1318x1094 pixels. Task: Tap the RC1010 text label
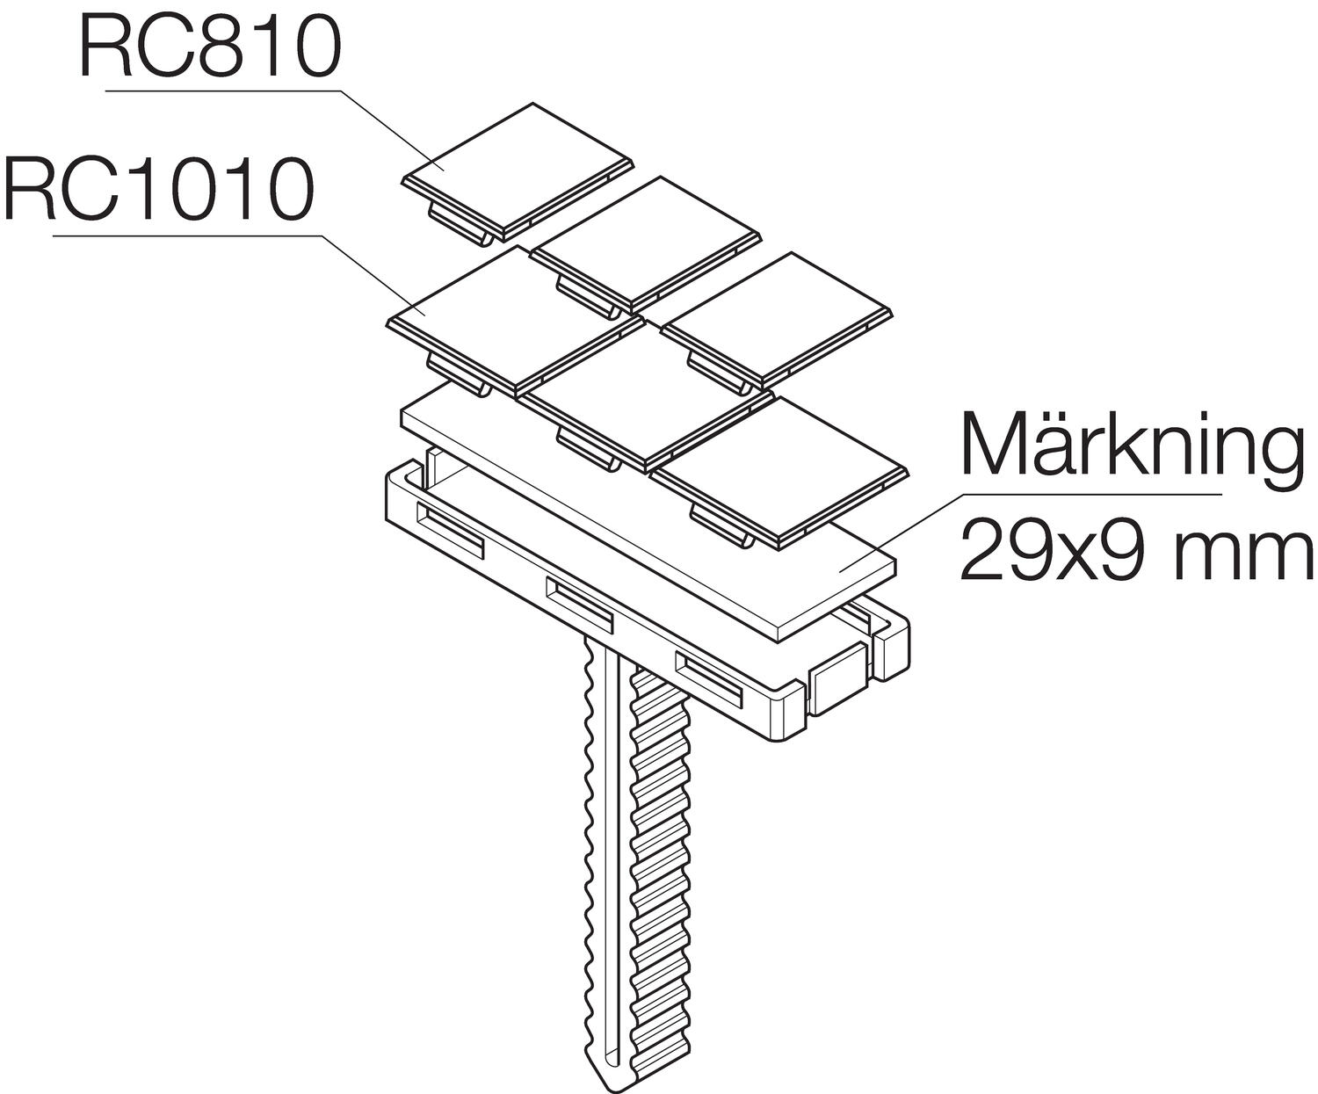158,190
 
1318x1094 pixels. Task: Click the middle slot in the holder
579,601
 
